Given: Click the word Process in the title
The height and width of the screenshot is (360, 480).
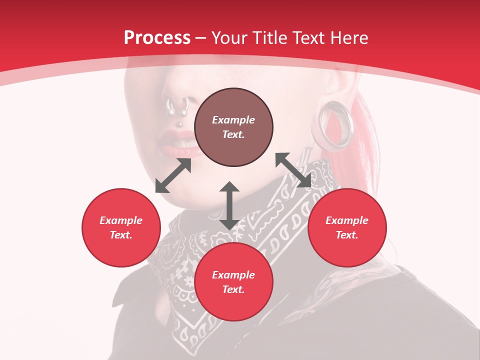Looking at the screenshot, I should (x=157, y=38).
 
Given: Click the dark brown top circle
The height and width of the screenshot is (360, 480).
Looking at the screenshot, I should (x=233, y=127).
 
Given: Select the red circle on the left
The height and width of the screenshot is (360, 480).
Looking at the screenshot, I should (x=121, y=227).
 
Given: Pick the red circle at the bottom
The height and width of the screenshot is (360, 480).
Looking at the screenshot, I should (x=233, y=282).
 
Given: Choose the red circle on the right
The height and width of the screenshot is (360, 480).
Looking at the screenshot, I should (x=347, y=227).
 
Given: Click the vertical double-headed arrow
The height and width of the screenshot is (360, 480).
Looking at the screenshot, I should (x=229, y=205).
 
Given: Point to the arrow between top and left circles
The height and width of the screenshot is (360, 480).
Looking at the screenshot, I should (x=173, y=175).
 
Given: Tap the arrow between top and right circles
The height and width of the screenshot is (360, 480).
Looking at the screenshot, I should (x=293, y=170).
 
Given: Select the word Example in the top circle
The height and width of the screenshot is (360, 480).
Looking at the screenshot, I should (x=233, y=120).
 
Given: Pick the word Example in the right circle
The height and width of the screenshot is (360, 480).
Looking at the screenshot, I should (x=347, y=220).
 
